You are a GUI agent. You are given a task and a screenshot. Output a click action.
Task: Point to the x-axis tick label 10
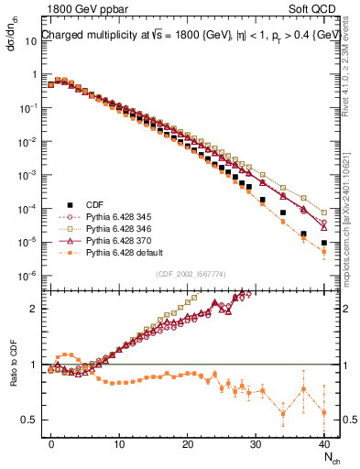(119, 442)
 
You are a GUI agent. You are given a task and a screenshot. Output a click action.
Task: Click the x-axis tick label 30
(256, 442)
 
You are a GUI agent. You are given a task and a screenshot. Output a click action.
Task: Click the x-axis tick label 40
(324, 442)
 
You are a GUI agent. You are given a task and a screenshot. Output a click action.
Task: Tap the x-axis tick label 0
(51, 442)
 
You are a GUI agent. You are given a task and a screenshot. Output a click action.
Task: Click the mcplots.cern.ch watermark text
(351, 211)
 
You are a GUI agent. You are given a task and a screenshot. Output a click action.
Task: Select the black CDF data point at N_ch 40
(324, 243)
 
